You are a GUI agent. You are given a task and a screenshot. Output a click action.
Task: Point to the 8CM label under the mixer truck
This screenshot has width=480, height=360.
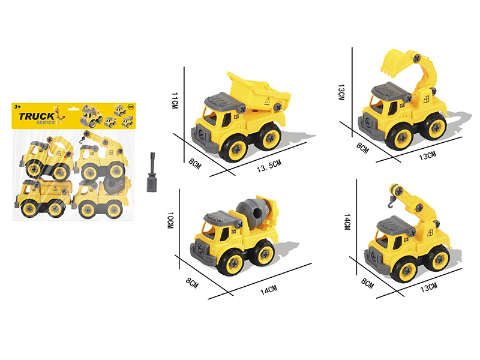192,283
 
